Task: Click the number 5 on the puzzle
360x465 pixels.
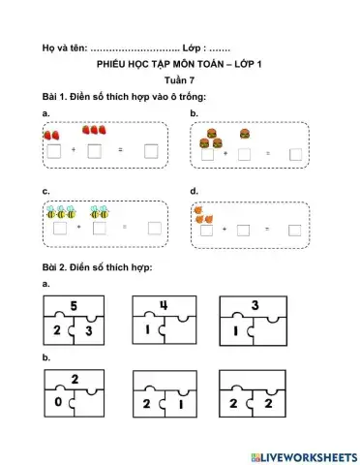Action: tap(73, 306)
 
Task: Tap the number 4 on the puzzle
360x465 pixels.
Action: tap(164, 306)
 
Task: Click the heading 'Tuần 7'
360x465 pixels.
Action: tap(179, 80)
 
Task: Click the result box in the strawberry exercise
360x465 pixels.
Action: tap(152, 150)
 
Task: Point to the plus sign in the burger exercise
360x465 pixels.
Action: tap(225, 153)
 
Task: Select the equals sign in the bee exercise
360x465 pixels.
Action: tap(124, 228)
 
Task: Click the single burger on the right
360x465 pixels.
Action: tap(245, 135)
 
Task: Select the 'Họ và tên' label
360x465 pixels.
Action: tap(64, 46)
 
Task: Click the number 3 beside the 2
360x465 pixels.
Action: tap(89, 331)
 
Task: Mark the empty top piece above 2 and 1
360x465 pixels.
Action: tap(164, 380)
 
